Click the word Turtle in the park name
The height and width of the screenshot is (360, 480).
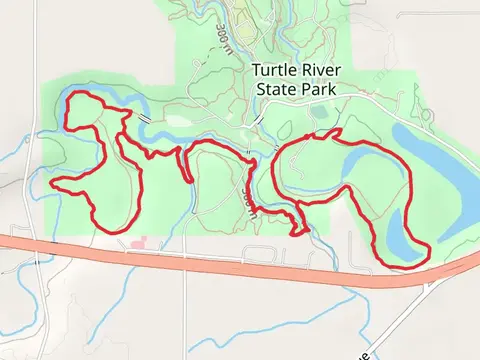(x=272, y=71)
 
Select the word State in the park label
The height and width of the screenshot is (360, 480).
(x=275, y=88)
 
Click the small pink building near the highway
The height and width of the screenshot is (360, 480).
(x=138, y=242)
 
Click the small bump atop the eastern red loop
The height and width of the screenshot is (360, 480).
(x=338, y=131)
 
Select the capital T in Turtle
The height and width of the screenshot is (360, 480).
(x=256, y=71)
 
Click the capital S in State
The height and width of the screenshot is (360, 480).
(x=261, y=88)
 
